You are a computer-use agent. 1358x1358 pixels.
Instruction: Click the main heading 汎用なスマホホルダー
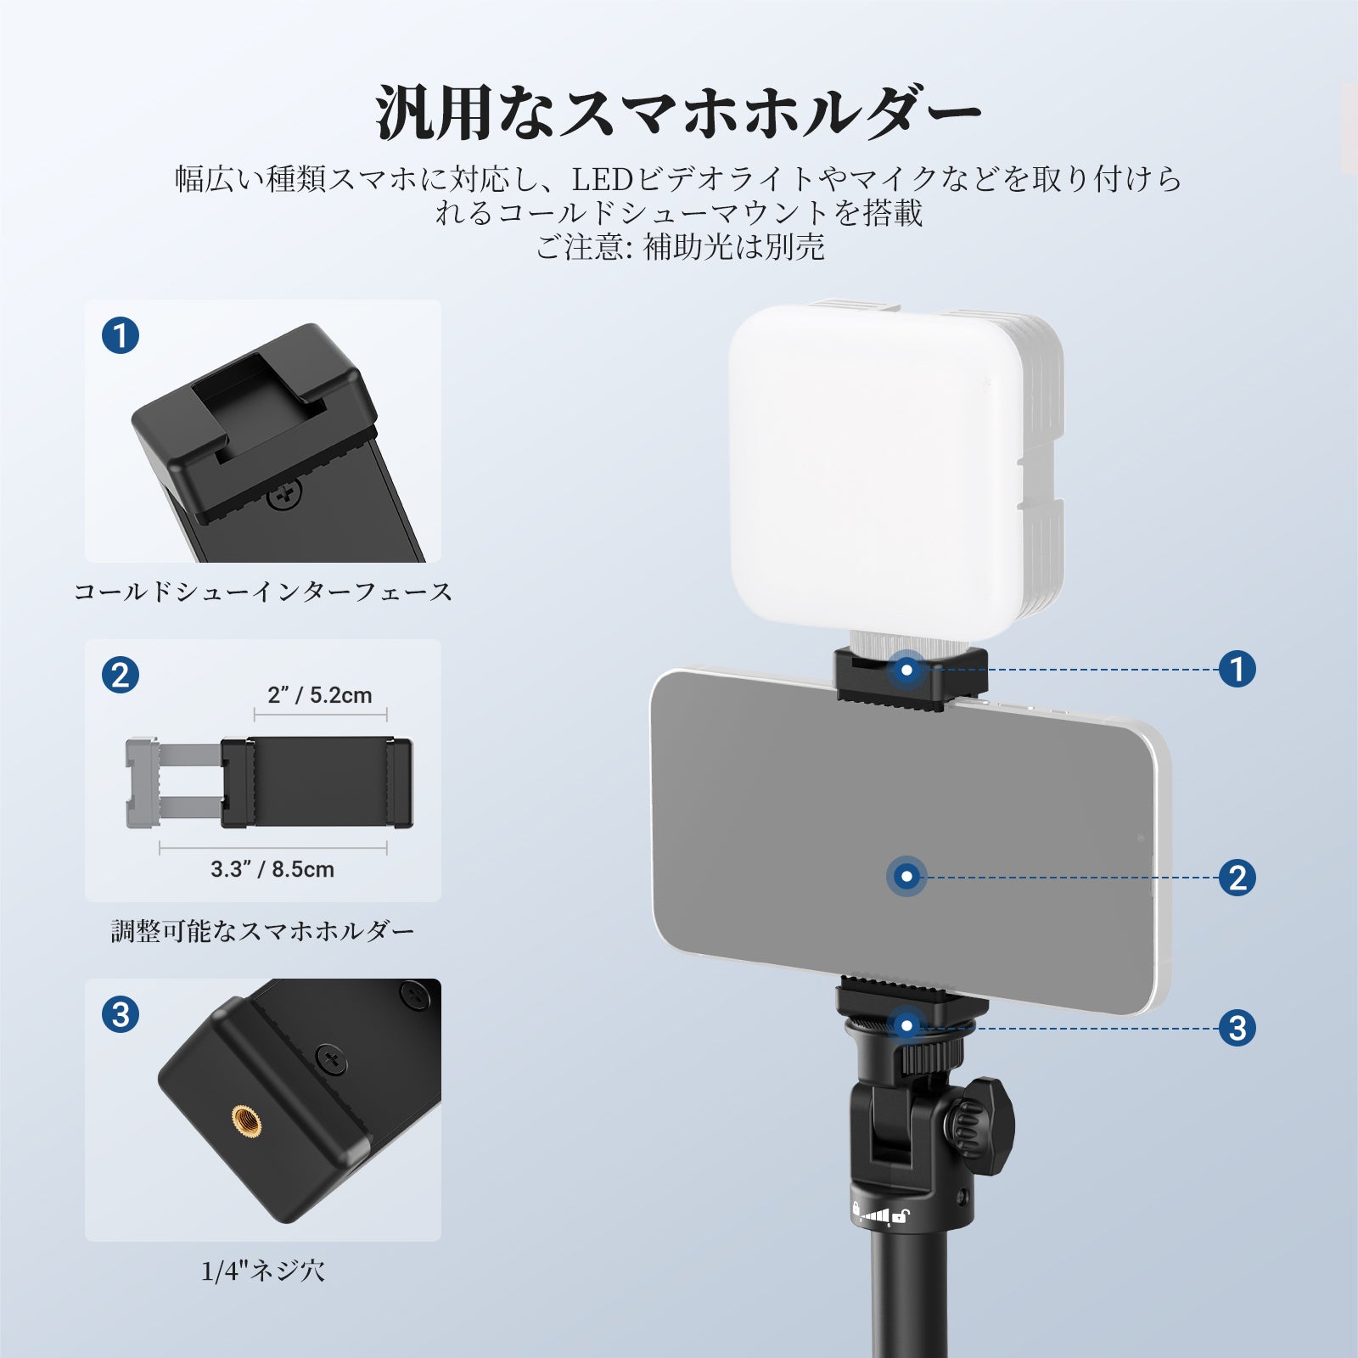(678, 111)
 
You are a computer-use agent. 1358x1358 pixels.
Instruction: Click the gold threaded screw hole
(247, 1119)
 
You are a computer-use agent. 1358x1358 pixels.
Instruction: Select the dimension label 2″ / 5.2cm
(320, 695)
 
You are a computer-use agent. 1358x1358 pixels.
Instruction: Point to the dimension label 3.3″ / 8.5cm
(272, 869)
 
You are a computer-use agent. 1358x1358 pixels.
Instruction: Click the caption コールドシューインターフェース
(263, 592)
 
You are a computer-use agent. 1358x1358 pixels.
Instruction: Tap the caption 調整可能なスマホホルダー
(263, 931)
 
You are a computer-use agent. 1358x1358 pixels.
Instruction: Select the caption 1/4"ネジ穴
(263, 1271)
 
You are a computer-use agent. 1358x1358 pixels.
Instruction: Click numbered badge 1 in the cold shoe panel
(121, 335)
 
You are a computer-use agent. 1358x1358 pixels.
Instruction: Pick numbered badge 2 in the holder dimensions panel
(121, 675)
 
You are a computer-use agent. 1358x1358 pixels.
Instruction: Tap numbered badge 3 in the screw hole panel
(121, 1014)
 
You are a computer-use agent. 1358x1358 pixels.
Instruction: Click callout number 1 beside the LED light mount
(1237, 669)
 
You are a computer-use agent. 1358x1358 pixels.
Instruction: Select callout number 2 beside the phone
(1237, 877)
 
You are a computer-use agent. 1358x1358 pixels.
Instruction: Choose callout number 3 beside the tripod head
(1237, 1028)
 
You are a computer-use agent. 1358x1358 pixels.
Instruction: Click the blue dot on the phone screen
(906, 876)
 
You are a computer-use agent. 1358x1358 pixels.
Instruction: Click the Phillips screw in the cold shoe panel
(285, 494)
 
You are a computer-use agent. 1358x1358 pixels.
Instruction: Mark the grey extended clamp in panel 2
(174, 782)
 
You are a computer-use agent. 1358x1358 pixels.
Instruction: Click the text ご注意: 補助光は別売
(680, 247)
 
